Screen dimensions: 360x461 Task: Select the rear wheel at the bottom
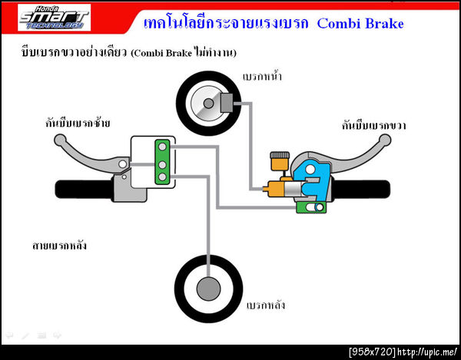click(x=207, y=289)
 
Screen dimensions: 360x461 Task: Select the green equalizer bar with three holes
click(x=162, y=162)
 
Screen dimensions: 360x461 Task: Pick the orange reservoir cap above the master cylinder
click(x=279, y=160)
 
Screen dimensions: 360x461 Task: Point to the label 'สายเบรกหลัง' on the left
click(x=58, y=246)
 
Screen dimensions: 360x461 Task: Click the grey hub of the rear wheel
click(x=207, y=289)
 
